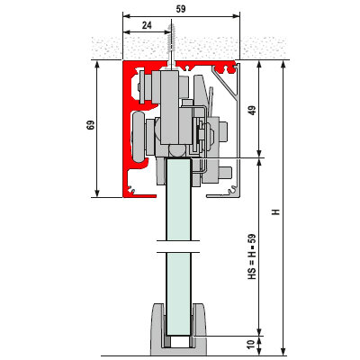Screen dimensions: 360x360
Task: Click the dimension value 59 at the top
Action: [x=181, y=9]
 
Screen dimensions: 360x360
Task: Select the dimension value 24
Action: [x=147, y=25]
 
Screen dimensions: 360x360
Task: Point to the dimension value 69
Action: [x=91, y=125]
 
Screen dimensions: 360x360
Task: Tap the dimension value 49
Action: [x=253, y=111]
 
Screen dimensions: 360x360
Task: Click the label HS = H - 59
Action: [x=252, y=256]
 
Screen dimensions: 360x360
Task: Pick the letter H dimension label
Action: [x=275, y=211]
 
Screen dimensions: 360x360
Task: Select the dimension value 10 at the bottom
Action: [x=252, y=344]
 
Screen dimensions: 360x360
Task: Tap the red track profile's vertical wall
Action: [x=127, y=129]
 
